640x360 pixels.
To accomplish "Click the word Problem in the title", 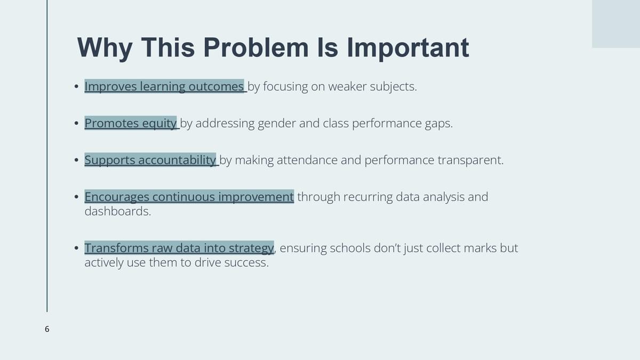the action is tap(256, 47).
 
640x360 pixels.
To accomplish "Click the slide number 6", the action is tap(47, 329).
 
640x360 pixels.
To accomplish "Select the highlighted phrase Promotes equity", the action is tap(131, 123).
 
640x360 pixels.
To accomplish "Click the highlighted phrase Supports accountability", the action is tap(150, 160).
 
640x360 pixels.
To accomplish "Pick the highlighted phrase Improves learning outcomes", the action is tap(164, 86).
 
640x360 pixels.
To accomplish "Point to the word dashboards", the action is tap(118, 211).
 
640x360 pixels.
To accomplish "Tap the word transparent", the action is tap(470, 161).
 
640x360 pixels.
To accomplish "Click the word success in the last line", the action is tap(246, 262).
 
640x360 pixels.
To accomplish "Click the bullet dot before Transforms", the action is tap(76, 247).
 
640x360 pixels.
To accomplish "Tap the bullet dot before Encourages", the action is tap(76, 197).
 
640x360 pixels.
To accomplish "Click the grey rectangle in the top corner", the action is tap(616, 23).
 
